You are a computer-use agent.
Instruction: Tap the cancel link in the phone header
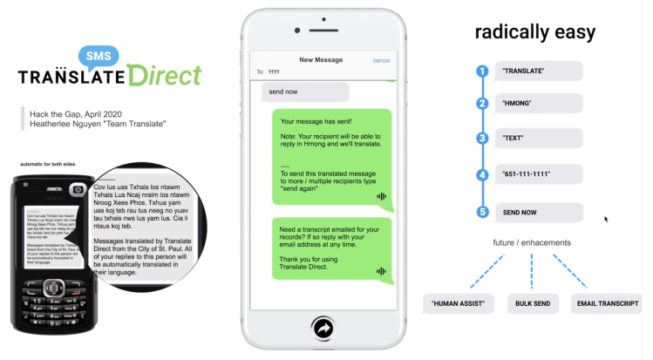coord(381,60)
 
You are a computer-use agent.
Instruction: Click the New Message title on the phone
coord(319,60)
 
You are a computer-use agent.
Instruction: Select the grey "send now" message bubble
coord(305,91)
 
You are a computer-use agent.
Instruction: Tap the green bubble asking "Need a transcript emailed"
coord(330,248)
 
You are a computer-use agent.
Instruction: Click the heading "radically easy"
coord(534,33)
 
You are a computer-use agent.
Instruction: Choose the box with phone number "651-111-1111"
coord(538,174)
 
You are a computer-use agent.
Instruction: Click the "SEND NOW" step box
coord(538,212)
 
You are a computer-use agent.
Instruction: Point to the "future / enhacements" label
coord(531,242)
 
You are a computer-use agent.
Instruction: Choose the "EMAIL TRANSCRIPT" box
coord(607,304)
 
